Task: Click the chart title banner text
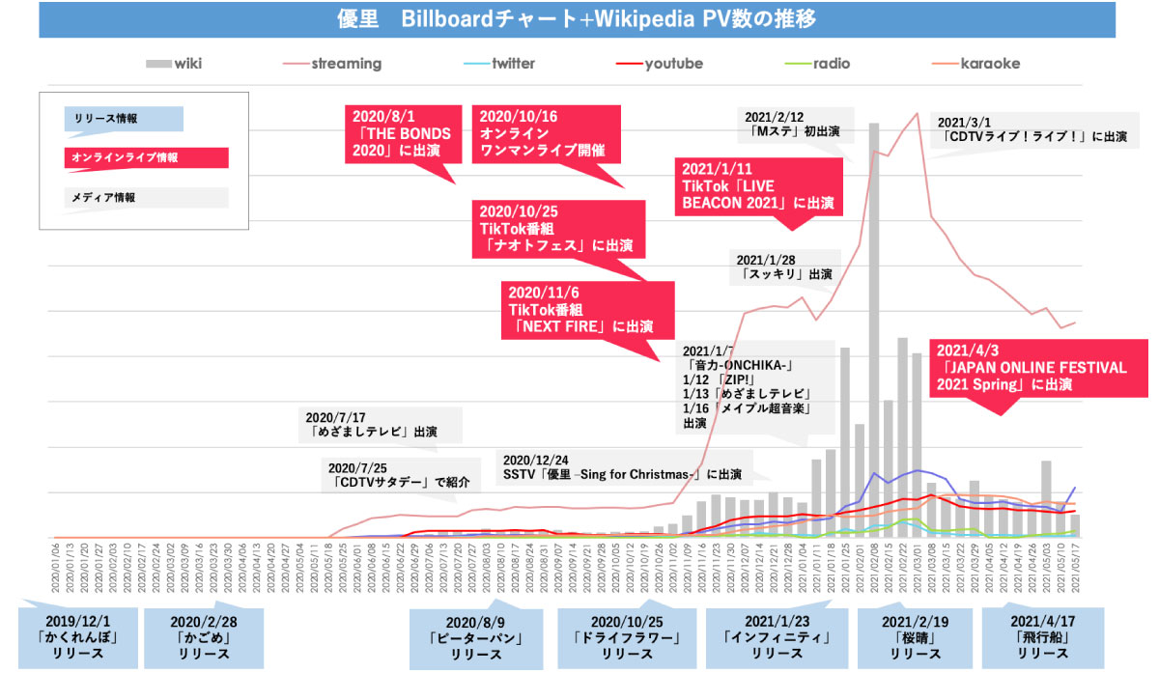[579, 18]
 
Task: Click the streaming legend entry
[333, 64]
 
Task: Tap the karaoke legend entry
[975, 64]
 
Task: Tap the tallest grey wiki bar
[873, 328]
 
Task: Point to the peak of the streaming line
[914, 114]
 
